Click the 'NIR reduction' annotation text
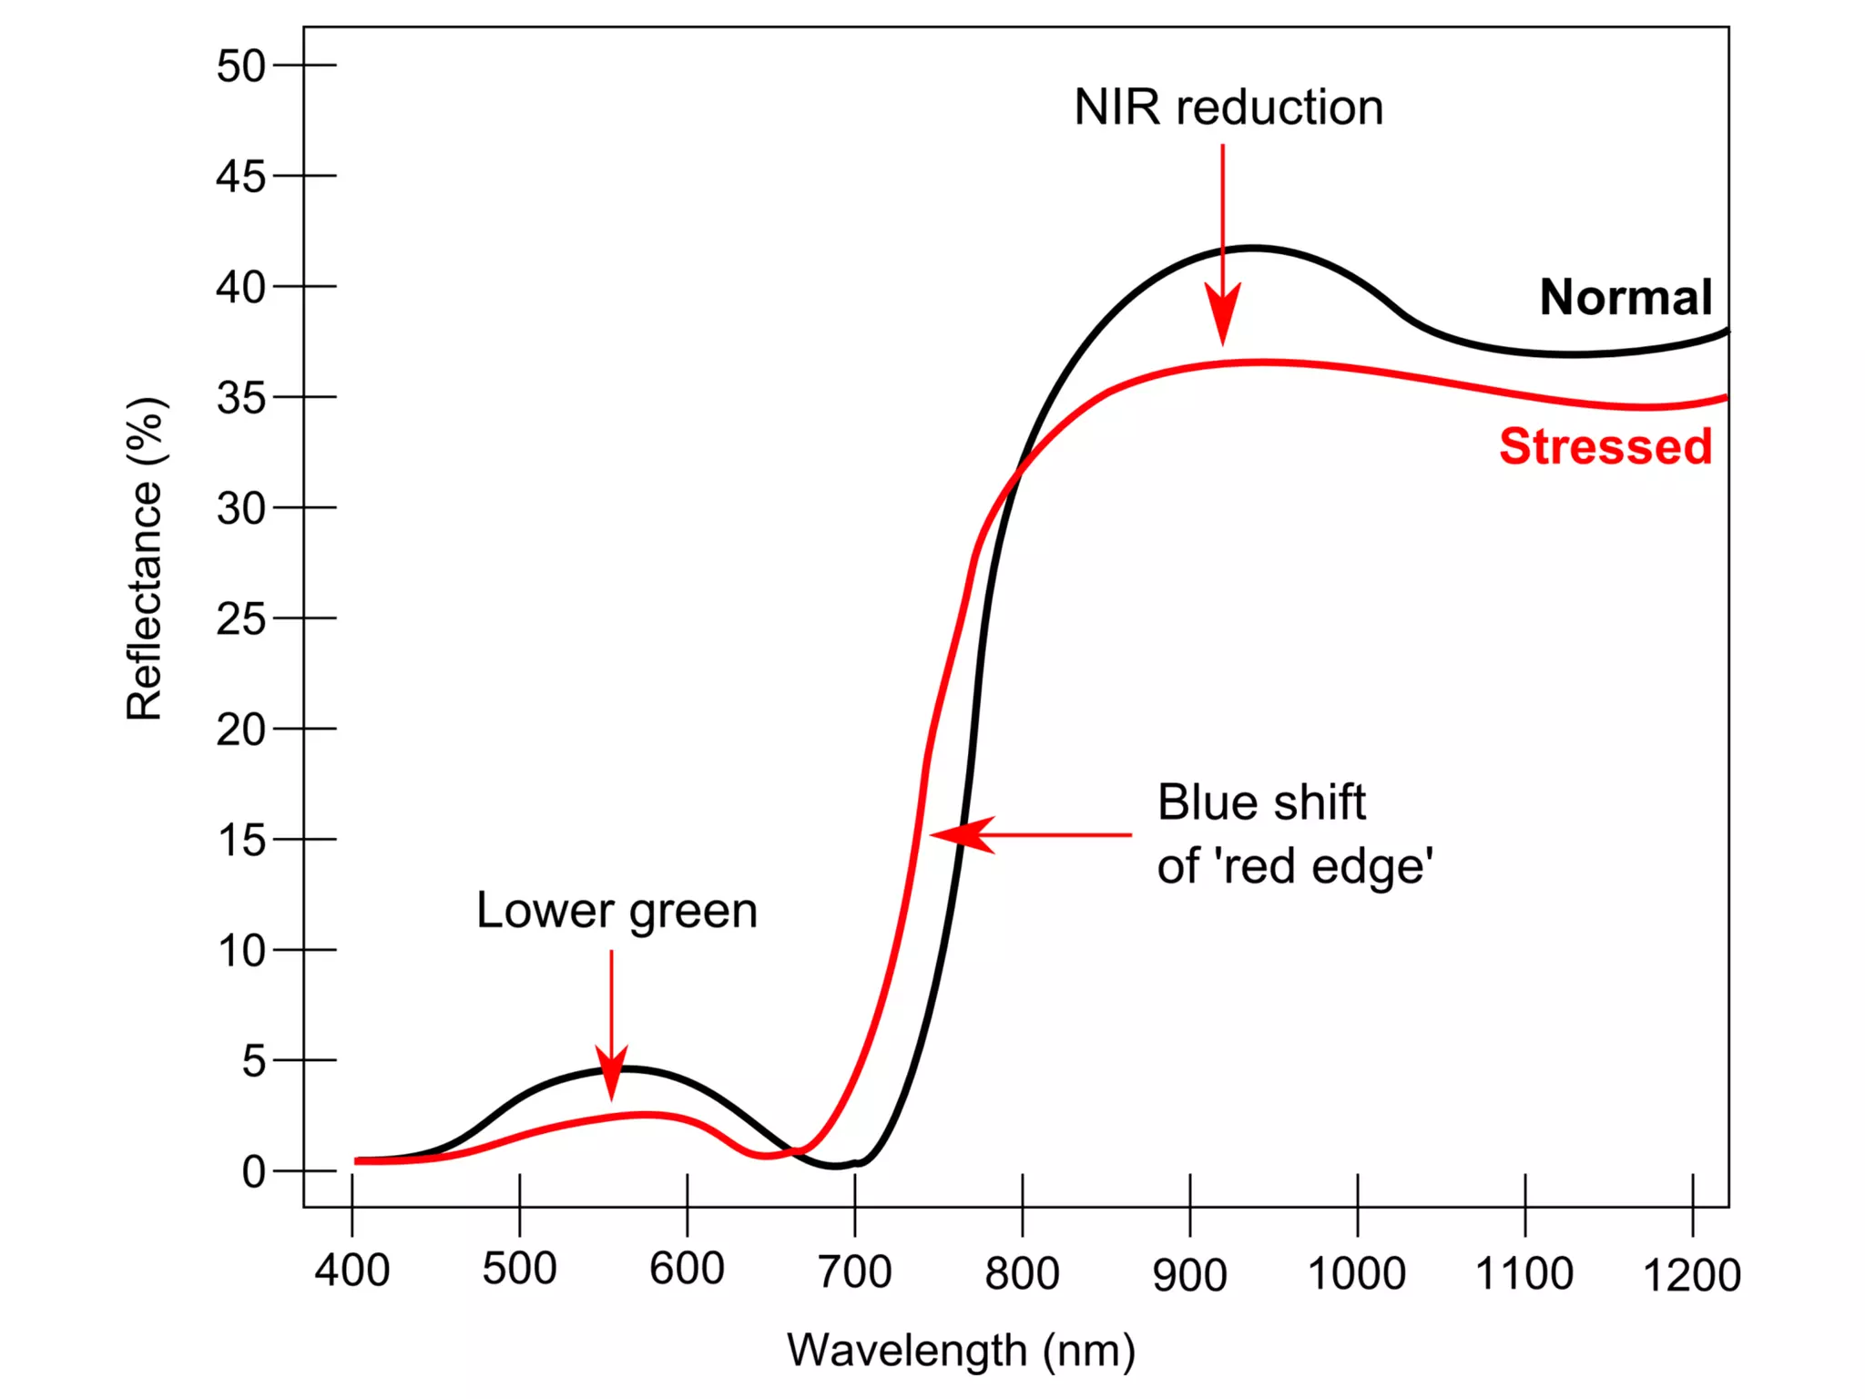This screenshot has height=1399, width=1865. [x=1228, y=107]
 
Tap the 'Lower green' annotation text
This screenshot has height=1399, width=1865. [x=617, y=911]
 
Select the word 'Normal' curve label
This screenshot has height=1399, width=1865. [x=1626, y=298]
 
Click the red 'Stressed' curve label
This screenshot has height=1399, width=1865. [x=1605, y=447]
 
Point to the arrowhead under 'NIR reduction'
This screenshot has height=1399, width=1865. [x=1222, y=314]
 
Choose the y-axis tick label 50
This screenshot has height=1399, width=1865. [x=240, y=66]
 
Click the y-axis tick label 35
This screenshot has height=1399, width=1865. [x=240, y=398]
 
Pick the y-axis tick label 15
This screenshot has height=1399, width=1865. [x=240, y=840]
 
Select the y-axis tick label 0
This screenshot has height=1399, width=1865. [x=253, y=1171]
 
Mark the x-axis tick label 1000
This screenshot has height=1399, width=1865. [x=1356, y=1273]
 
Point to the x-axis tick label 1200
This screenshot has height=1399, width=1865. [x=1691, y=1275]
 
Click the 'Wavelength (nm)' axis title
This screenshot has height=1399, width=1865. [x=961, y=1350]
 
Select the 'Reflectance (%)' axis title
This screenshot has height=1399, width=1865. [x=145, y=559]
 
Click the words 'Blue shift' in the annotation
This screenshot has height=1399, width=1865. [x=1261, y=803]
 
